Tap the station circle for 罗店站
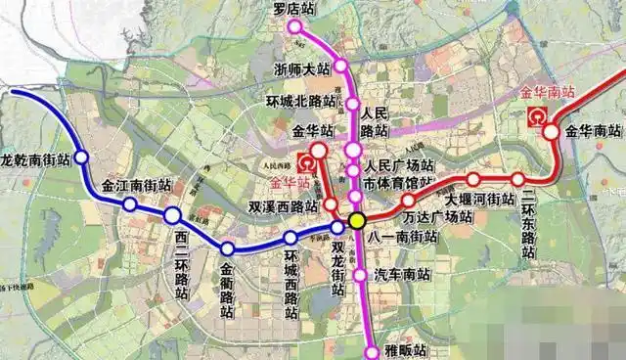point(294,27)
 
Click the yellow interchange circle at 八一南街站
point(358,220)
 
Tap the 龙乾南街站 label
point(36,157)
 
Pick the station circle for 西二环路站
point(172,215)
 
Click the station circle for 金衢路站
point(228,248)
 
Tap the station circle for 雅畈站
point(372,352)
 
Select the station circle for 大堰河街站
point(473,179)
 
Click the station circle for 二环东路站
point(517,179)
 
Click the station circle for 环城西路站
point(290,240)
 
